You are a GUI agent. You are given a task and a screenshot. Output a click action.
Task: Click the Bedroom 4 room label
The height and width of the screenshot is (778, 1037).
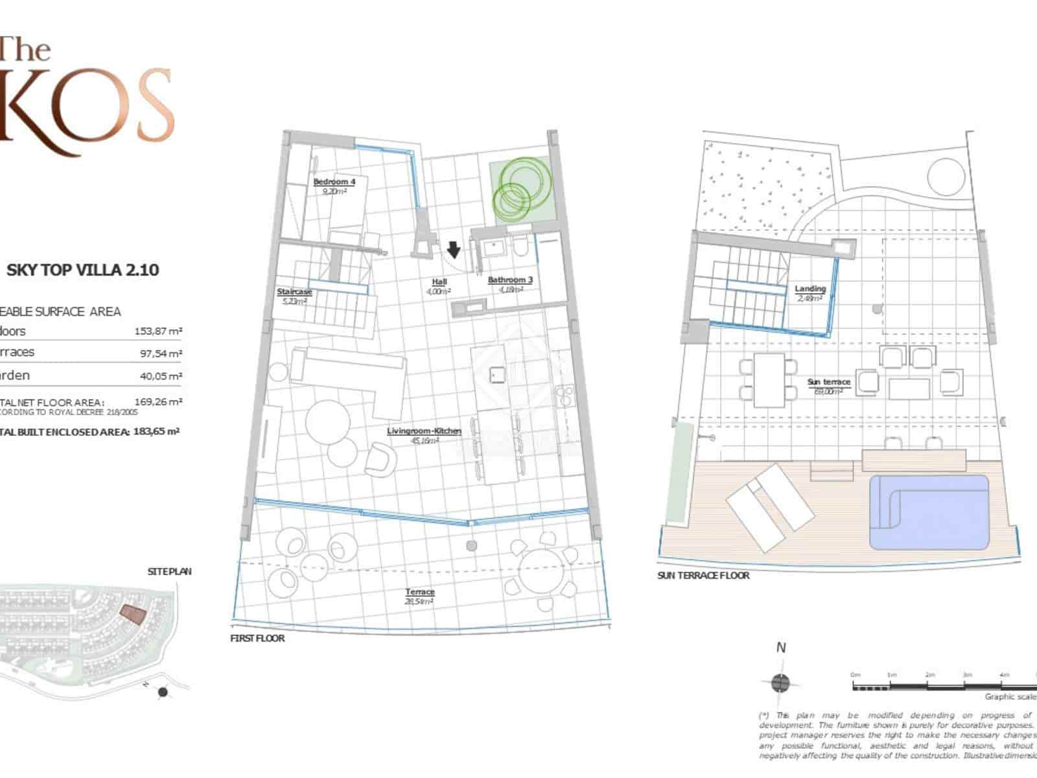click(x=334, y=182)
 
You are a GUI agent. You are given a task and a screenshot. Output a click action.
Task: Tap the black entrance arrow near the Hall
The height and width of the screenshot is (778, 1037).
click(x=454, y=249)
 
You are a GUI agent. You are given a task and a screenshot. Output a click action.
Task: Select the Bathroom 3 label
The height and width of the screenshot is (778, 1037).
click(x=510, y=280)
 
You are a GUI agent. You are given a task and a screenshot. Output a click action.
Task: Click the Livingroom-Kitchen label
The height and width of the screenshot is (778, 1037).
click(x=424, y=431)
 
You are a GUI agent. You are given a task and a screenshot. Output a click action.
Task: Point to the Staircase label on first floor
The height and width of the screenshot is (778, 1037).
click(x=294, y=292)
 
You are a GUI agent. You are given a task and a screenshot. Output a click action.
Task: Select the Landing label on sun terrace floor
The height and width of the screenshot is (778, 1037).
click(x=810, y=289)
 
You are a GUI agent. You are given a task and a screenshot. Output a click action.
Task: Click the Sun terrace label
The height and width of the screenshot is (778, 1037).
click(x=828, y=383)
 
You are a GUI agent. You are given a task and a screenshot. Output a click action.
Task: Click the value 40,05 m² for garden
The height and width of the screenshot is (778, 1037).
click(x=161, y=376)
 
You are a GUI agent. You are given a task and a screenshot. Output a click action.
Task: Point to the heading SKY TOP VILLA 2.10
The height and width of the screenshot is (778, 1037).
click(x=82, y=270)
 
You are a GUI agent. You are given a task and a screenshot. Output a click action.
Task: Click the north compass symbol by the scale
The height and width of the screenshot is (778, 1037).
click(x=781, y=682)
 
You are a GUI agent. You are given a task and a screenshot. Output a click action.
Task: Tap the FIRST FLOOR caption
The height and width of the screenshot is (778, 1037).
click(x=257, y=639)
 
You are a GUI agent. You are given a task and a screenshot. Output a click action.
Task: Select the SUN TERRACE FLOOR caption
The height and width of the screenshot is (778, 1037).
click(x=703, y=576)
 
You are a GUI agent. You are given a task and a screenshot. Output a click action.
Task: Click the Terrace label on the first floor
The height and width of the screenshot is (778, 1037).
click(x=420, y=592)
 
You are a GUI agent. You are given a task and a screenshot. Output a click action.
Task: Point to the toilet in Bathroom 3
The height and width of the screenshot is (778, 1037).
click(x=520, y=246)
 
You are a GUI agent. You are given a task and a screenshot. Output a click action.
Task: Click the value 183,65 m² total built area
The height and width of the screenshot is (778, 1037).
click(x=156, y=431)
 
